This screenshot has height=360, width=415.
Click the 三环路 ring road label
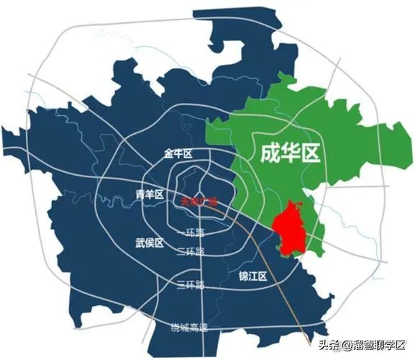click(x=191, y=284)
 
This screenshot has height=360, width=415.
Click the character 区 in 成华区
click(x=310, y=152)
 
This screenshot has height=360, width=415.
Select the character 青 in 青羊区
click(x=140, y=194)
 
